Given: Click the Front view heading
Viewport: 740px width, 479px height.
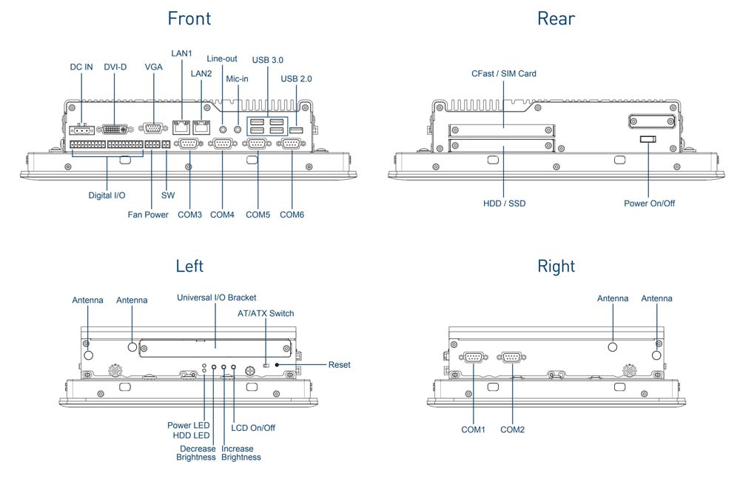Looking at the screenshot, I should coord(189,19).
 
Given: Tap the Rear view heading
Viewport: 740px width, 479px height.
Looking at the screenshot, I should coord(556,19).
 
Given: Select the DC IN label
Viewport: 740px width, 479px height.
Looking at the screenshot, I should coord(81,67).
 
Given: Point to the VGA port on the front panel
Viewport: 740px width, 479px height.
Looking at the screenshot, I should coord(153,128).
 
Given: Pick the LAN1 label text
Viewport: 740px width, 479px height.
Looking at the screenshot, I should coord(181,53).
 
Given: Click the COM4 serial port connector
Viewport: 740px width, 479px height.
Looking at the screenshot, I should coord(223,144).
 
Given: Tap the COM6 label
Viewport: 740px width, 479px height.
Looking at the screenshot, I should coord(292,215).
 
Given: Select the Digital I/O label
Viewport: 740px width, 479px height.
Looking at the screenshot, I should coord(107,195).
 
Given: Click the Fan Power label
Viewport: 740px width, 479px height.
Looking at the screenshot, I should coord(148,215).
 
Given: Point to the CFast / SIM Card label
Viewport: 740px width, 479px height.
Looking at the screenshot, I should coord(504,73).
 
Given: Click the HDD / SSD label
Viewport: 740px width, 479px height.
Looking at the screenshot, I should coord(504,203).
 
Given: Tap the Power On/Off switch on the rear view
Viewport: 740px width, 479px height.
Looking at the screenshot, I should coord(647,140).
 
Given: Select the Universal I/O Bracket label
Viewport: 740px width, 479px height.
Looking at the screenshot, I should coord(216,298).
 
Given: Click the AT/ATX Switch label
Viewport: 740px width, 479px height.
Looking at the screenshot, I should coord(266,313).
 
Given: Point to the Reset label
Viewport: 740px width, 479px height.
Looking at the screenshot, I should coord(340,365).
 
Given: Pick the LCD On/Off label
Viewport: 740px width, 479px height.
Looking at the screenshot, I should coord(253,427).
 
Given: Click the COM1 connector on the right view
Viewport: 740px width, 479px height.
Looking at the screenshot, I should coord(472,358).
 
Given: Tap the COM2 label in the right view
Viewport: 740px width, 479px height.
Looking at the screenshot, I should coord(512,429).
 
